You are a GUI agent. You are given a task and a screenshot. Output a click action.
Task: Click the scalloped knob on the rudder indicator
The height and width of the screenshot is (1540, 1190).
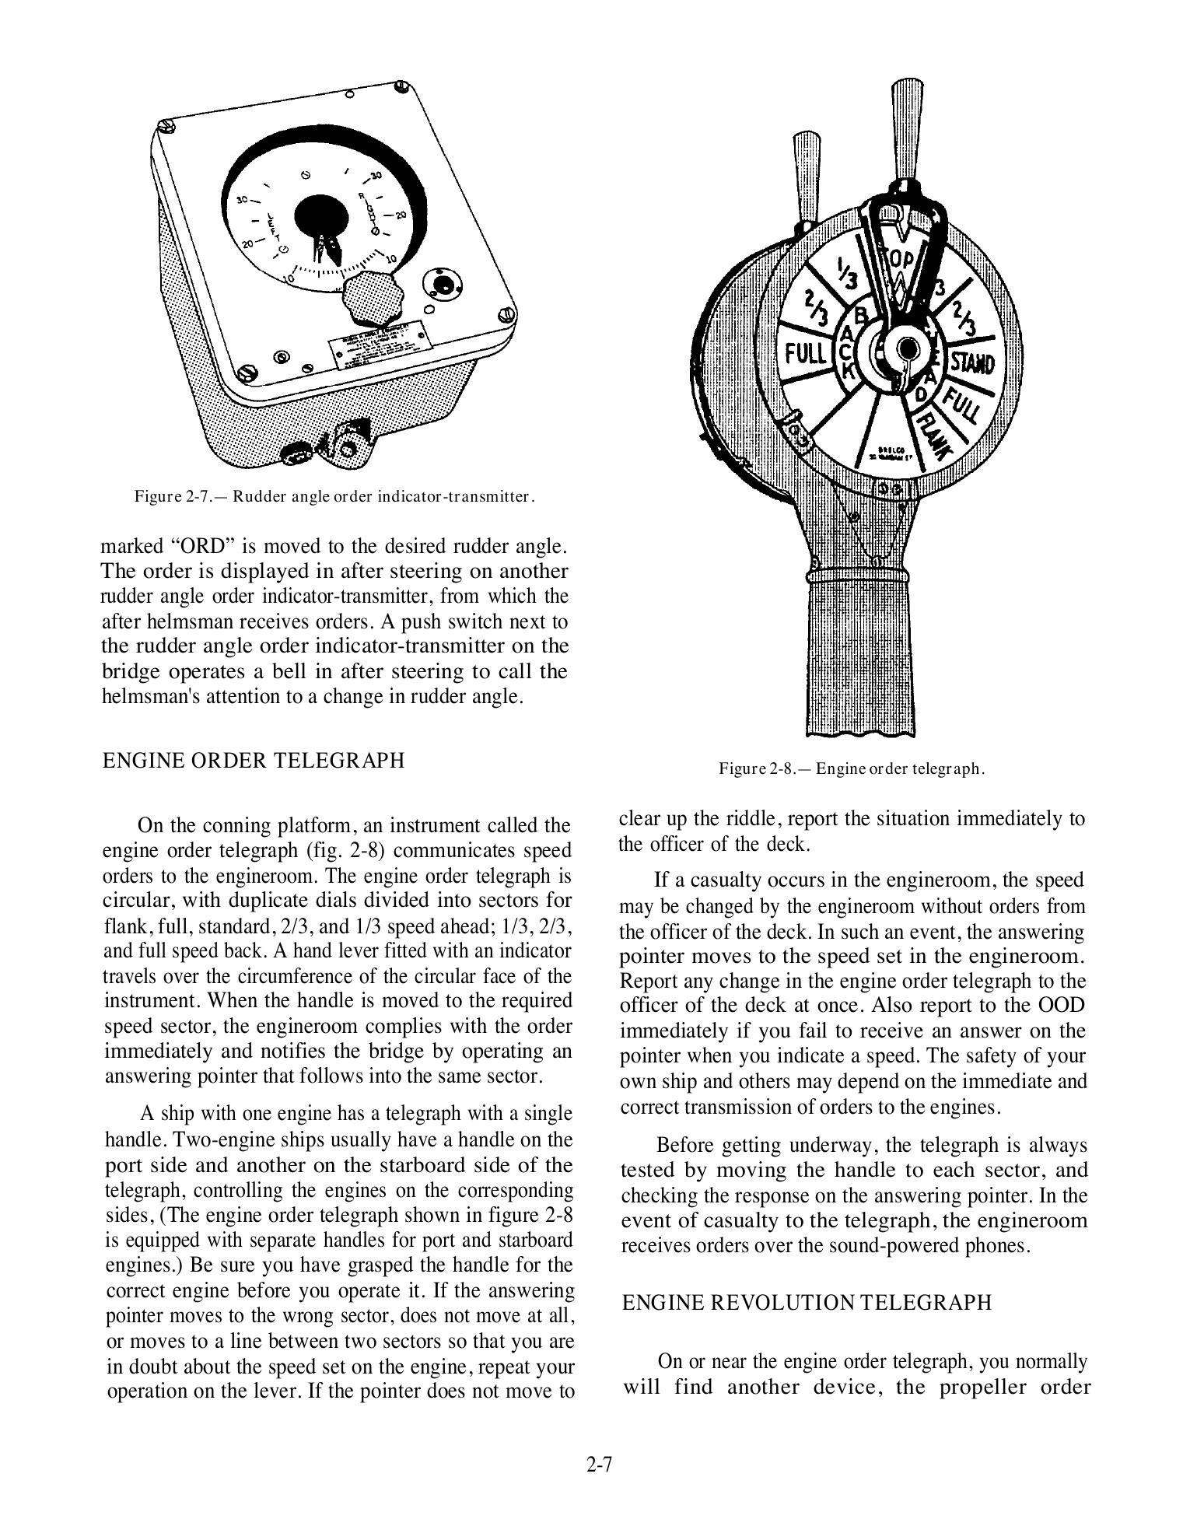click(x=369, y=298)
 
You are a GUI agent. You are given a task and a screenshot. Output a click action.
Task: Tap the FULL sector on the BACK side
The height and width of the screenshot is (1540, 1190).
click(x=805, y=354)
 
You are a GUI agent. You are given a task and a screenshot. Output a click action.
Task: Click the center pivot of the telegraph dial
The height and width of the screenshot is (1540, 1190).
click(x=905, y=348)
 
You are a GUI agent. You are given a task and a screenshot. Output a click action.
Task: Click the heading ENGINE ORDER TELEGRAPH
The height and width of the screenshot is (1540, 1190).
click(x=254, y=760)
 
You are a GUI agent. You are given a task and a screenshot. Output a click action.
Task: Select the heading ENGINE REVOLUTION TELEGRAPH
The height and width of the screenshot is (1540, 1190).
click(x=807, y=1303)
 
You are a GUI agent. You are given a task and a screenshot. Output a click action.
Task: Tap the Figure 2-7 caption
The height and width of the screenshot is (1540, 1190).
click(x=334, y=495)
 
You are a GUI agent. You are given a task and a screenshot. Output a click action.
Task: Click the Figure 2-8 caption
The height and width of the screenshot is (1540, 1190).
click(x=852, y=769)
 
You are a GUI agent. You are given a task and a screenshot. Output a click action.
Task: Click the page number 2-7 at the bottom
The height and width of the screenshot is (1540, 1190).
click(x=600, y=1465)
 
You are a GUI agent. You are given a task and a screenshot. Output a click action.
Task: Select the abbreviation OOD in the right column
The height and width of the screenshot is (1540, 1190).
click(x=1061, y=1005)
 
